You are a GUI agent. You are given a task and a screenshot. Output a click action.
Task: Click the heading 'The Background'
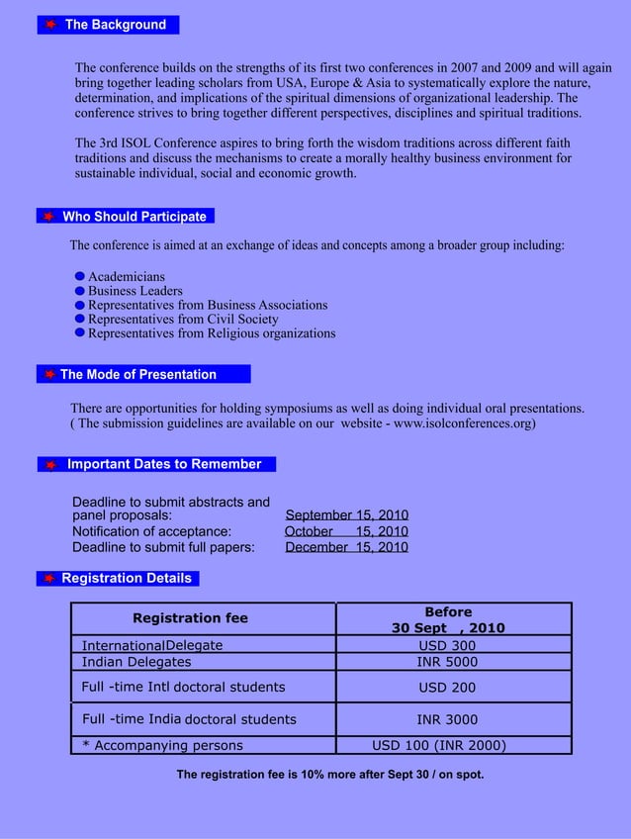(115, 25)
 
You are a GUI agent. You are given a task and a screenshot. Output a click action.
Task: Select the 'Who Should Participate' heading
(135, 217)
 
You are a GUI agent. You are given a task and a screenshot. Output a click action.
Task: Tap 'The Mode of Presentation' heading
(138, 374)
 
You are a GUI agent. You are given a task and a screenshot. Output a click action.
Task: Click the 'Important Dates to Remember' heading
(164, 464)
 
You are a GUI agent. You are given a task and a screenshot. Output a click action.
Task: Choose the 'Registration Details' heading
(127, 578)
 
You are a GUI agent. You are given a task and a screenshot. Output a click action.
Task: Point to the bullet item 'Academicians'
(127, 277)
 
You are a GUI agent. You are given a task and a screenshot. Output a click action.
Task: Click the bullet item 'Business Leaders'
(135, 291)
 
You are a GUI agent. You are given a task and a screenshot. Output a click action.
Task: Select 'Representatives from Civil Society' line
(183, 320)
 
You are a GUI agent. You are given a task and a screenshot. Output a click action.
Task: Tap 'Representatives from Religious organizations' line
(212, 333)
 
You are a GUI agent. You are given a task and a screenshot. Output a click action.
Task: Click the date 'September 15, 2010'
(347, 515)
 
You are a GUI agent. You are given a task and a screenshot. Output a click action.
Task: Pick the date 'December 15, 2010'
(347, 547)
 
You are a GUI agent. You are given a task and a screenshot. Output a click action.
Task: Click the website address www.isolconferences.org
(463, 423)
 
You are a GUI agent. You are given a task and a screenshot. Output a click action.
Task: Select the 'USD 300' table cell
(447, 646)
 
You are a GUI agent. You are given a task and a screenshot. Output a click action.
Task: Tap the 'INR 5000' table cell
(447, 662)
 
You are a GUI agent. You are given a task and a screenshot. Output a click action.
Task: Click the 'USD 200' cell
(447, 687)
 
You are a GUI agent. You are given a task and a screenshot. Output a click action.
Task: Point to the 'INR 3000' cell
(447, 719)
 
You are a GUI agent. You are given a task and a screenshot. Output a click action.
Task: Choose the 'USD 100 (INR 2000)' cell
(439, 745)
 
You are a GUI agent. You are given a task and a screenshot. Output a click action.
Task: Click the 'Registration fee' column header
(190, 617)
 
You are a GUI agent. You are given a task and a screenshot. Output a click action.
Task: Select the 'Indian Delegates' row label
(136, 662)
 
